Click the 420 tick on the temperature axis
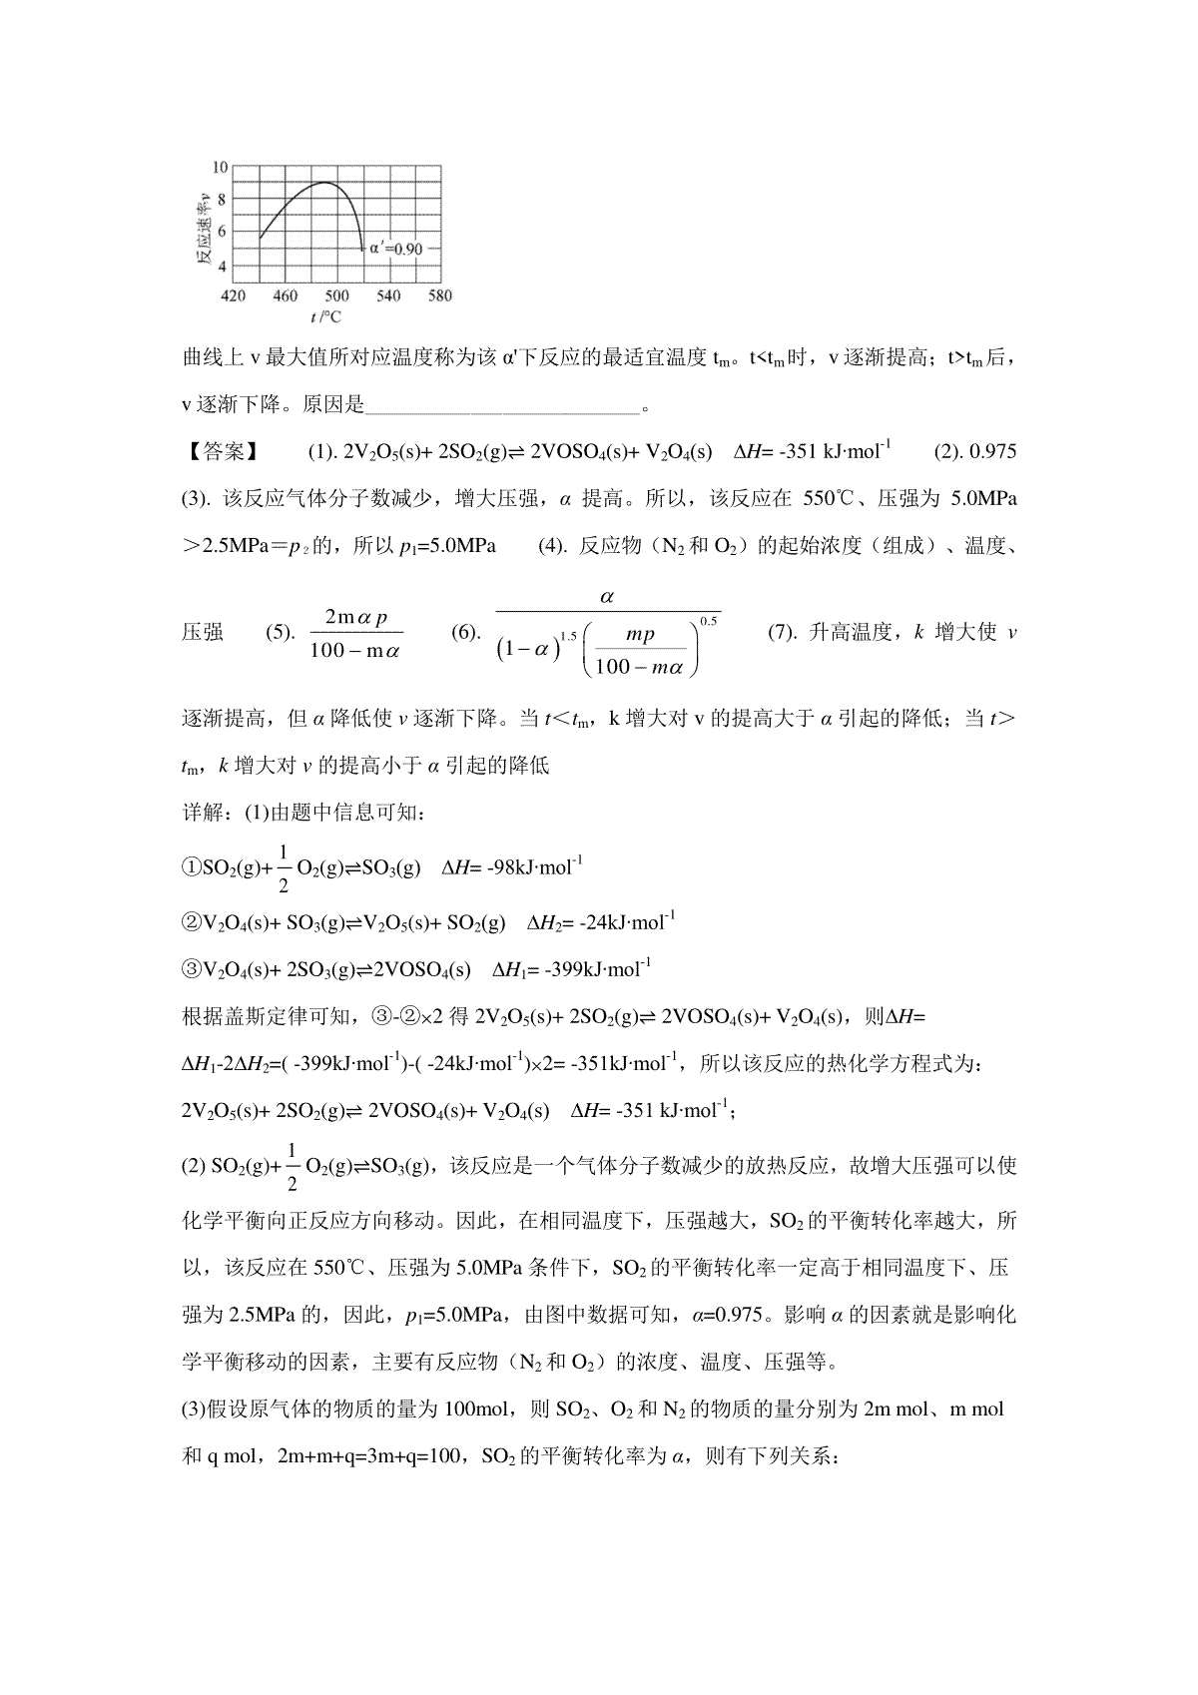tap(233, 295)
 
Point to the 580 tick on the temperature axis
tap(439, 295)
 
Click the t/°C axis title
tap(325, 316)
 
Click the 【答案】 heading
tap(221, 451)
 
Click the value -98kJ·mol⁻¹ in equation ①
tap(534, 867)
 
